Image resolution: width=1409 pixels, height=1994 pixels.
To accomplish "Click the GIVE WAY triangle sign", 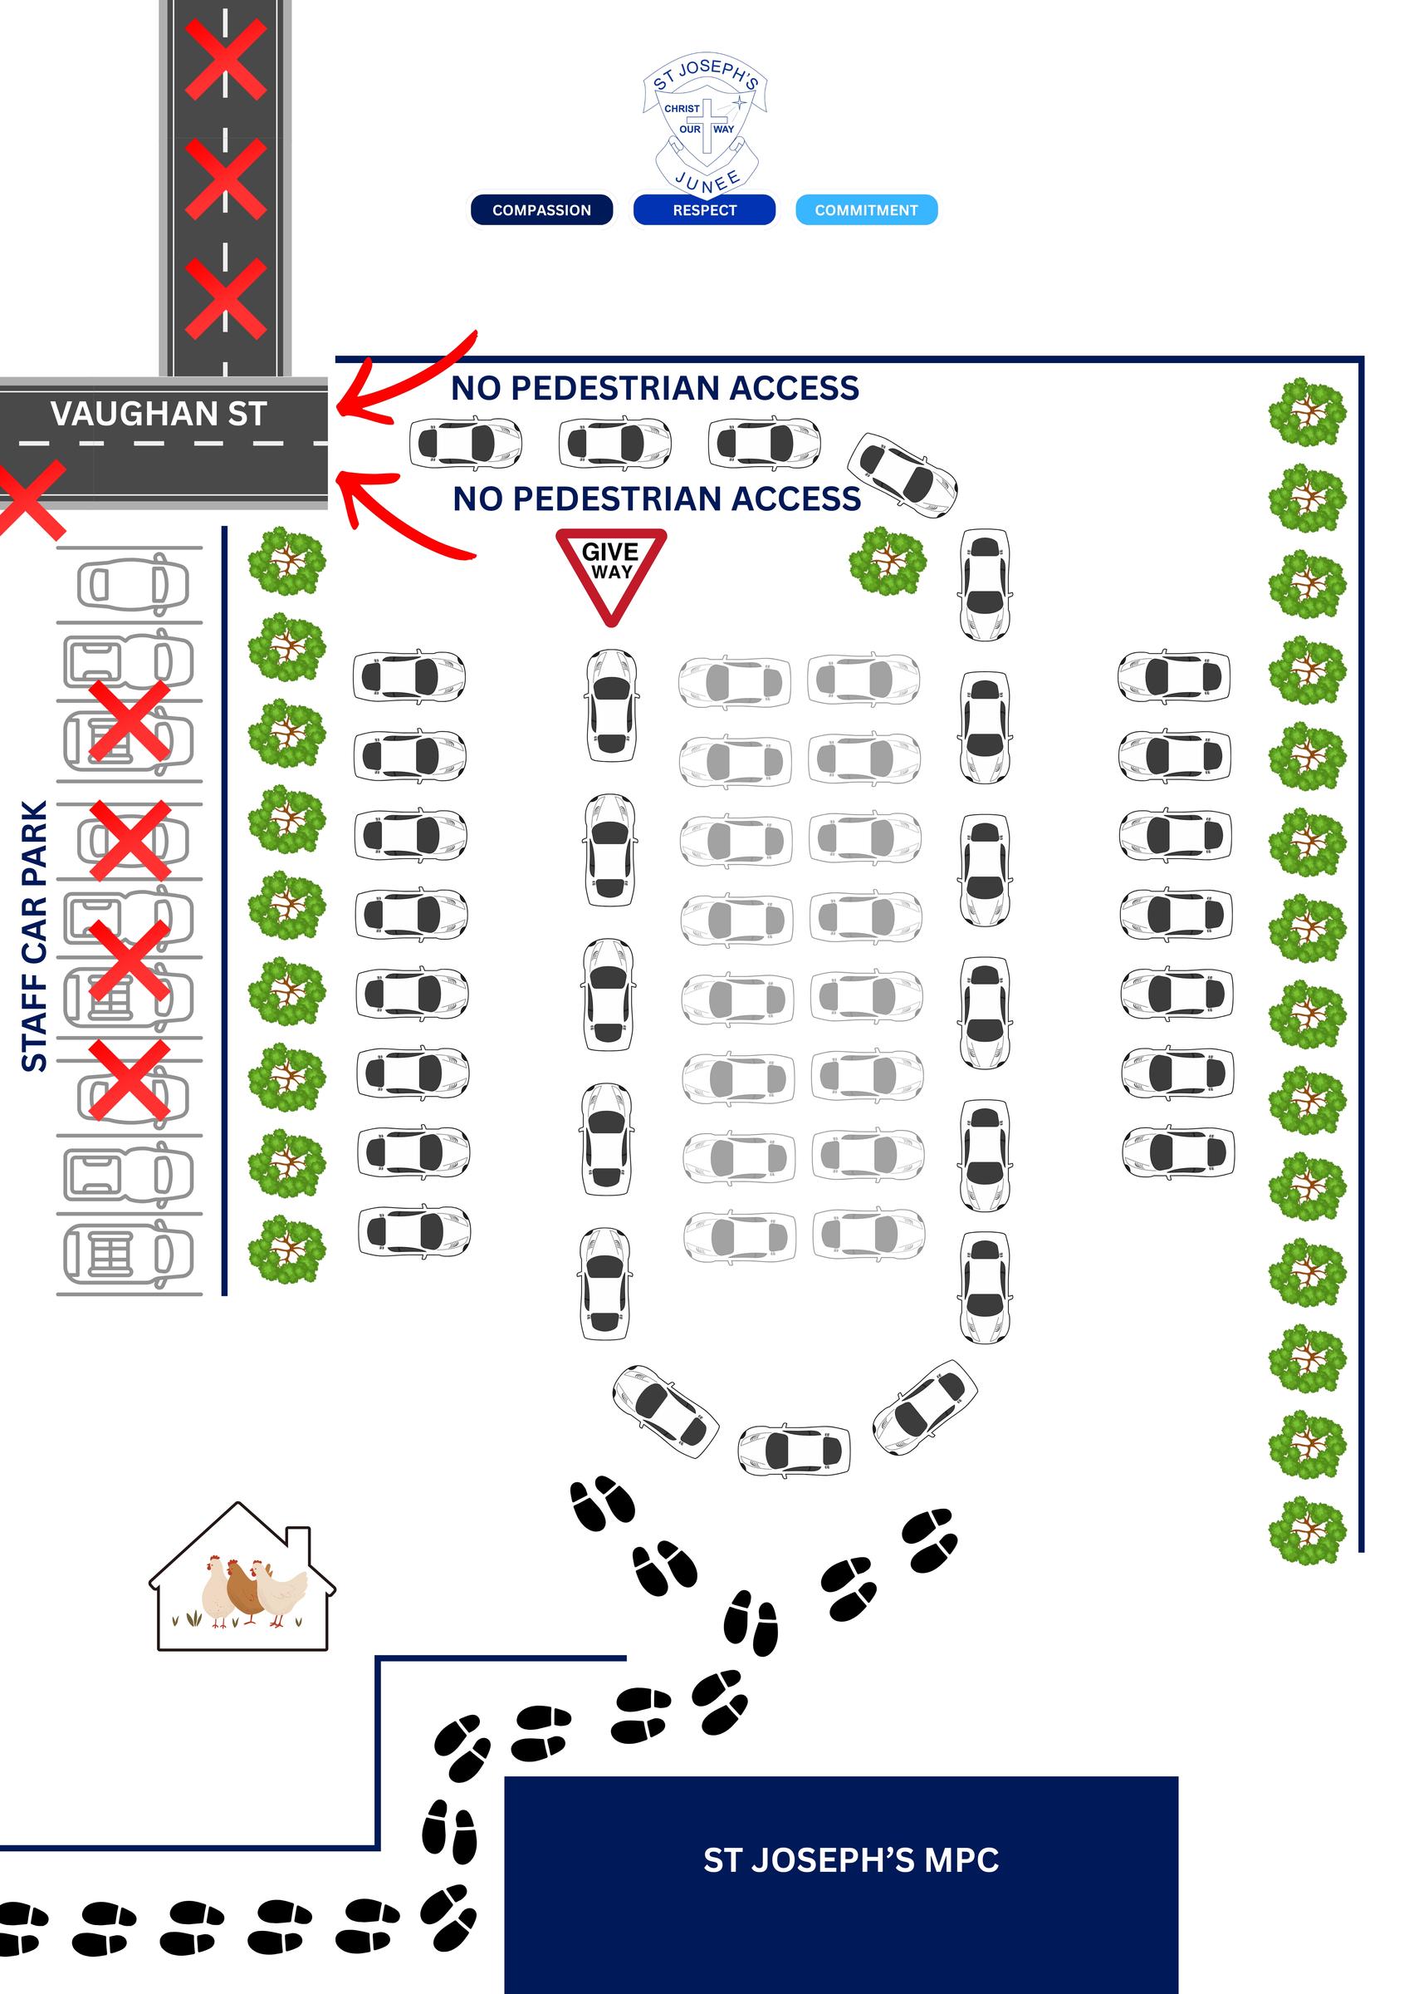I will pyautogui.click(x=611, y=570).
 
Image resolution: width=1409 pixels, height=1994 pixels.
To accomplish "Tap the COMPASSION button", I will pyautogui.click(x=541, y=210).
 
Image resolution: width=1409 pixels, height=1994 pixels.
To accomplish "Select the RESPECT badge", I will pyautogui.click(x=704, y=210).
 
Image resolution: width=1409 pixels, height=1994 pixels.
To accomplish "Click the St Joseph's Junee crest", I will pyautogui.click(x=705, y=121).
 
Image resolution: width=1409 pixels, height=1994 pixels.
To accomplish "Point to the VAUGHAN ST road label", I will pyautogui.click(x=158, y=415).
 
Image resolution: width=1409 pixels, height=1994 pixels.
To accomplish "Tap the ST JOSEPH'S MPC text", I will pyautogui.click(x=850, y=1860).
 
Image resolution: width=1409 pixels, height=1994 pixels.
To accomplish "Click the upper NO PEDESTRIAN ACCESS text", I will pyautogui.click(x=654, y=388).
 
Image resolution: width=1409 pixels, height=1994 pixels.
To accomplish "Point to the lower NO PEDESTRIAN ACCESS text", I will pyautogui.click(x=656, y=499).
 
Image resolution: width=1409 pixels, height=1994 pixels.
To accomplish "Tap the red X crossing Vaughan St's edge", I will pyautogui.click(x=31, y=500).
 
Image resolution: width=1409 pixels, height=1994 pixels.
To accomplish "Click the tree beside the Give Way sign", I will pyautogui.click(x=887, y=561).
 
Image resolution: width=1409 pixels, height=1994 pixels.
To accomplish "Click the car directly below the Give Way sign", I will pyautogui.click(x=611, y=705).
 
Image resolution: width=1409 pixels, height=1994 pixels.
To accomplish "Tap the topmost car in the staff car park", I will pyautogui.click(x=133, y=584).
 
